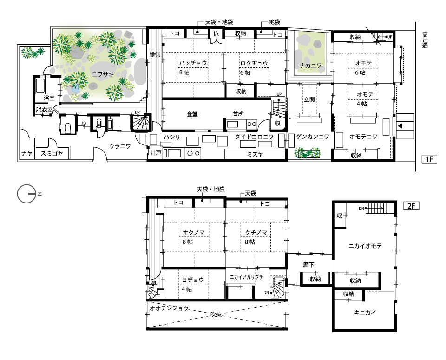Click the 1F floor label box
[x=429, y=159]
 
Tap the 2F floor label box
[x=411, y=206]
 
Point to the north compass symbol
[x=27, y=194]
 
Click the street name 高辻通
[x=425, y=40]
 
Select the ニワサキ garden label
[x=102, y=74]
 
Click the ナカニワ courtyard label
[x=310, y=65]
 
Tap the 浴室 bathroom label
[x=49, y=98]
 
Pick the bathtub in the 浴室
[x=40, y=85]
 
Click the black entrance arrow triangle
[x=400, y=126]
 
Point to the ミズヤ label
[x=255, y=154]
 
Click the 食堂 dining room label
[x=192, y=114]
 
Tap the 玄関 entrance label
[x=309, y=99]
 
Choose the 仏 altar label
[x=216, y=33]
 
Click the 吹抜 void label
[x=216, y=314]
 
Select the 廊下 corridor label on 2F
[x=308, y=265]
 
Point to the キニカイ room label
[x=365, y=313]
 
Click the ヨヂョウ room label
[x=193, y=280]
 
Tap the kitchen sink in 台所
[x=232, y=124]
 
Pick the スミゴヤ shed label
[x=52, y=154]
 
